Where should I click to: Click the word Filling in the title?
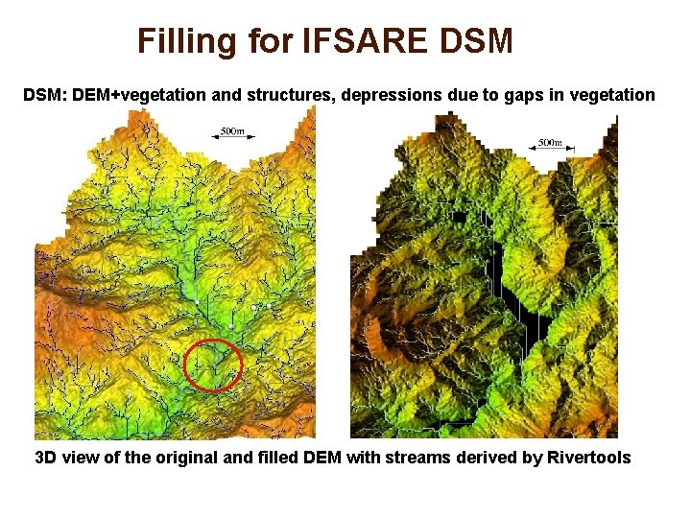click(186, 41)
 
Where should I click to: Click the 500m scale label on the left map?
click(231, 129)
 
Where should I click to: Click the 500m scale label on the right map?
click(549, 143)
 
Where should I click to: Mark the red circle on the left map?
click(212, 365)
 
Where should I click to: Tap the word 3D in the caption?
click(46, 458)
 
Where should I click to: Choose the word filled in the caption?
click(270, 458)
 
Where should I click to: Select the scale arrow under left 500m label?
click(231, 137)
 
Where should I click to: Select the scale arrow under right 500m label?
click(549, 151)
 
